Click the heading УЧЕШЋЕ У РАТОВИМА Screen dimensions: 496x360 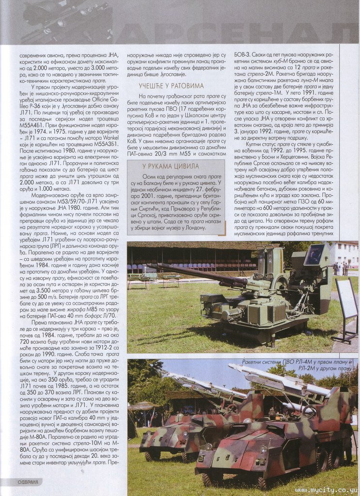click(165, 86)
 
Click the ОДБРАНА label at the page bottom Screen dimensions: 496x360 click(22, 482)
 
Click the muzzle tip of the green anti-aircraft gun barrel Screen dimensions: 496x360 click(150, 265)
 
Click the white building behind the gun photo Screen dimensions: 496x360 click(344, 253)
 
